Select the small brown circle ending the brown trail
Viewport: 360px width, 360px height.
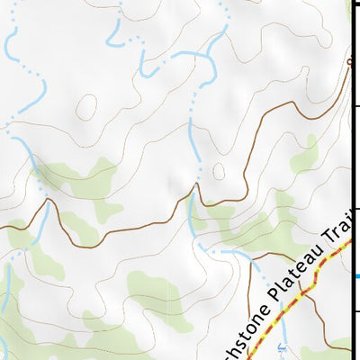[x=349, y=61]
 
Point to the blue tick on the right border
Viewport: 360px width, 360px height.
[x=355, y=276]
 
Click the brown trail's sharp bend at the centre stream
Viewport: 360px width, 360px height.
[x=194, y=187]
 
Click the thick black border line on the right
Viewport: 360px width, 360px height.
[x=350, y=180]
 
